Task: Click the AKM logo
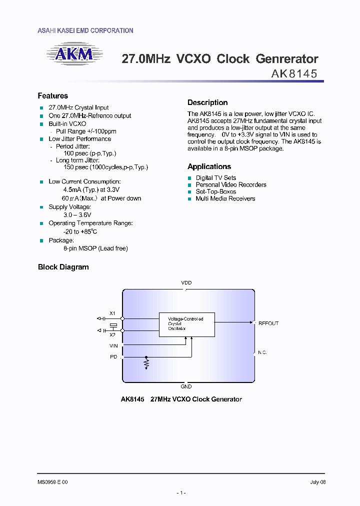(x=74, y=55)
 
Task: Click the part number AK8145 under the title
(x=294, y=74)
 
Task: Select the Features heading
(x=53, y=96)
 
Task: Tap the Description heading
(x=207, y=102)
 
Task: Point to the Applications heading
(x=209, y=166)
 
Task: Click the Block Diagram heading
(x=63, y=267)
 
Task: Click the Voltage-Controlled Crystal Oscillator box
(x=187, y=323)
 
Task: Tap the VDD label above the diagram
(x=186, y=283)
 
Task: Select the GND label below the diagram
(x=186, y=386)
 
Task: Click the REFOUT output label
(x=268, y=323)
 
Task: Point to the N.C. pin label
(x=262, y=352)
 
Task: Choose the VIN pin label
(x=113, y=345)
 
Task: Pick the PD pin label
(x=113, y=357)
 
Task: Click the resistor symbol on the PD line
(x=146, y=362)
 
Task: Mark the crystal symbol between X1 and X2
(x=113, y=324)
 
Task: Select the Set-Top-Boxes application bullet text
(x=215, y=191)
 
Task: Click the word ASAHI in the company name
(x=46, y=31)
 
